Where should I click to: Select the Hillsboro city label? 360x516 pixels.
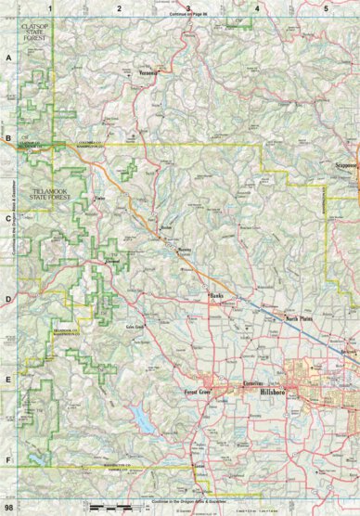pyautogui.click(x=276, y=393)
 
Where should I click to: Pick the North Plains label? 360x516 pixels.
pyautogui.click(x=299, y=318)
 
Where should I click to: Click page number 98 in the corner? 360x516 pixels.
pyautogui.click(x=8, y=509)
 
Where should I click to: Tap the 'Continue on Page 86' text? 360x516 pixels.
pyautogui.click(x=193, y=16)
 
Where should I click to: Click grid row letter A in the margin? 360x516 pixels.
pyautogui.click(x=8, y=57)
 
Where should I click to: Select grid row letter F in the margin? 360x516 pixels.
pyautogui.click(x=8, y=459)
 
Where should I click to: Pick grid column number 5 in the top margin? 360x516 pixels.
pyautogui.click(x=325, y=7)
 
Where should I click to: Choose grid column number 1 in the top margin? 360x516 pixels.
pyautogui.click(x=52, y=7)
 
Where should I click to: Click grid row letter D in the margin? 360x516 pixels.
pyautogui.click(x=8, y=299)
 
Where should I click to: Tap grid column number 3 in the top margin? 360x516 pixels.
pyautogui.click(x=188, y=7)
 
